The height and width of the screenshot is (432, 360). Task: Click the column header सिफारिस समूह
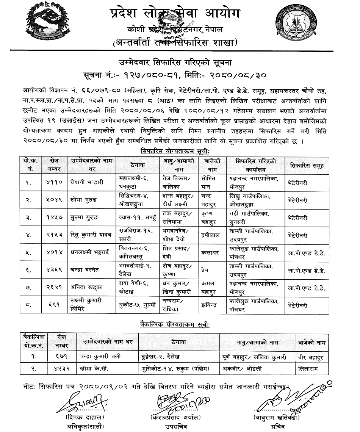307,165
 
